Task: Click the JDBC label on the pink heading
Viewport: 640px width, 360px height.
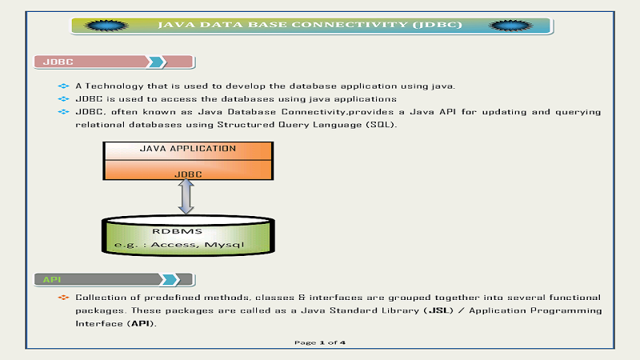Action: point(58,62)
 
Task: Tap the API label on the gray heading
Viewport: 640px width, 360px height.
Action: point(52,279)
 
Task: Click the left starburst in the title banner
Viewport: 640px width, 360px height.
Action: point(106,26)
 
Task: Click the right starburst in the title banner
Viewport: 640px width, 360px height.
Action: point(510,26)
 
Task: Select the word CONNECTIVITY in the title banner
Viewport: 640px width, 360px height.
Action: point(350,25)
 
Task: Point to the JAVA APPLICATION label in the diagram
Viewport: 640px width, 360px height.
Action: point(188,149)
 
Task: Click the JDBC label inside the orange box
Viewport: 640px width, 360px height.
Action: point(188,174)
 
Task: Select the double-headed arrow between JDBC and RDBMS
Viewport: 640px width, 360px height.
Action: point(186,197)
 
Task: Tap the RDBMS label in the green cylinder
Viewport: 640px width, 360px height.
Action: point(177,231)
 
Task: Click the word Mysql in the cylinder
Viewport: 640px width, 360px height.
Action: point(224,245)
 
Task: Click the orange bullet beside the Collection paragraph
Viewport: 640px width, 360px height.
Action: point(63,298)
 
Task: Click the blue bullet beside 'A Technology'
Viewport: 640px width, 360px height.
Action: point(63,86)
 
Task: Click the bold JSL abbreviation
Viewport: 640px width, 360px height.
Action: point(438,310)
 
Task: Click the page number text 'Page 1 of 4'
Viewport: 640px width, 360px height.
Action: point(320,342)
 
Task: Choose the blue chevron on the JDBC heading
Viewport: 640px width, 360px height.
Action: point(157,62)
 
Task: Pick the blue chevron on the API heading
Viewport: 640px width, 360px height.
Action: point(170,279)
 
